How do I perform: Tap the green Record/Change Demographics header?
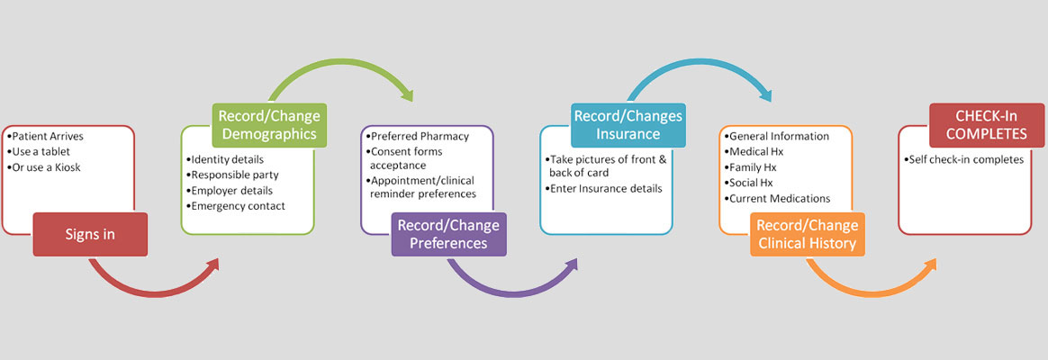coord(268,124)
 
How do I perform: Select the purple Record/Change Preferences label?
coord(447,233)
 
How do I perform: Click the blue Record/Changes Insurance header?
coord(628,125)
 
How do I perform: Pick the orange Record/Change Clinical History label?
coord(807,234)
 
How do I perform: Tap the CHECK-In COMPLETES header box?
coord(987,124)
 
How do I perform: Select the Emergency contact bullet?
coord(238,206)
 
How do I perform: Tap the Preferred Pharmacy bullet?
coord(420,136)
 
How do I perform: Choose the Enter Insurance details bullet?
coord(605,188)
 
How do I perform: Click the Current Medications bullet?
coord(779,198)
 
